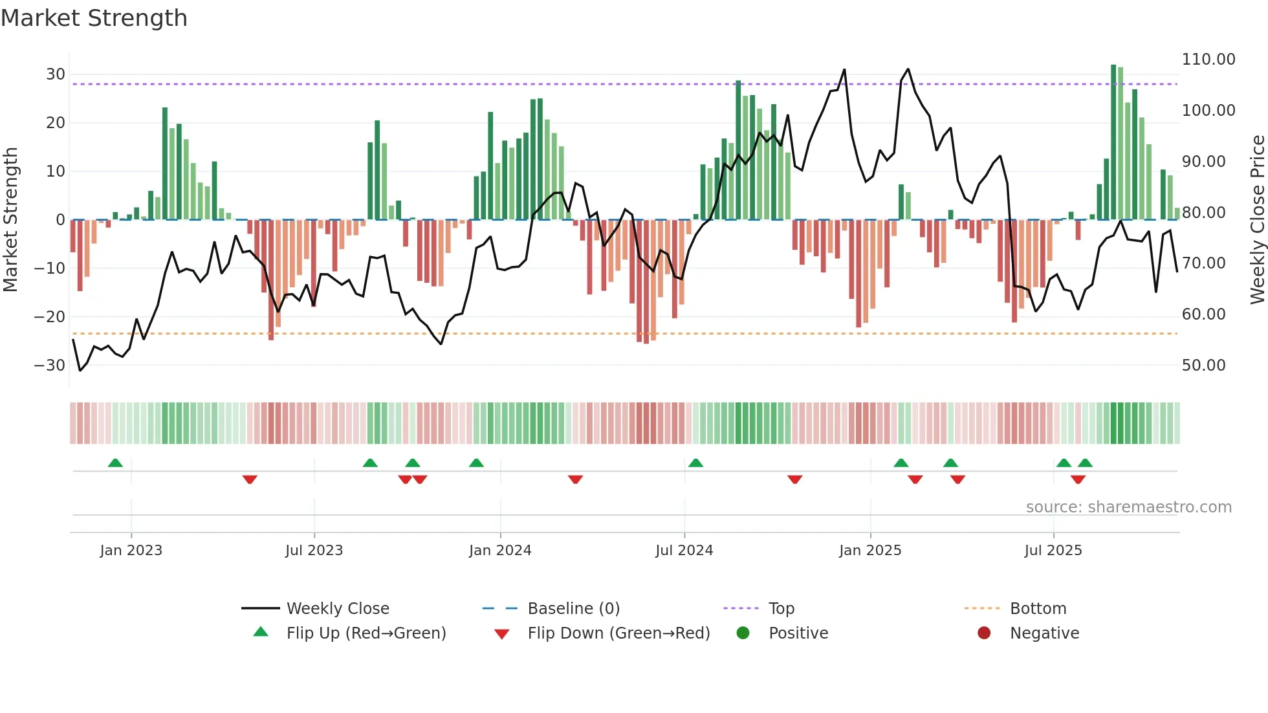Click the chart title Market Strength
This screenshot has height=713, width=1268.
94,18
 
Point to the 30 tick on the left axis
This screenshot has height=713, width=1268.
56,74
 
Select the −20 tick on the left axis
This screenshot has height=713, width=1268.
50,317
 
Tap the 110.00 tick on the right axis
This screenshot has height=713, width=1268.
1208,60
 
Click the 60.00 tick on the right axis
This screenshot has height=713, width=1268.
1203,314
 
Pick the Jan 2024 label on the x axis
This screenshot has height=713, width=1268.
500,551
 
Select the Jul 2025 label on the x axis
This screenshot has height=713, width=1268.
1053,551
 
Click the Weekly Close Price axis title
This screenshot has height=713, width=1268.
1257,220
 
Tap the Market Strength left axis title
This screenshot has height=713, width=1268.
11,220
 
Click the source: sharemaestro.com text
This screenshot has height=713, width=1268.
1128,507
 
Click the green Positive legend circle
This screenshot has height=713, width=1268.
743,633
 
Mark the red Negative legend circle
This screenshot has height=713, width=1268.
984,633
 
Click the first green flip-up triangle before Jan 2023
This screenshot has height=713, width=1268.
115,463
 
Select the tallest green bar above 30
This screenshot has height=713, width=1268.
1113,142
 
